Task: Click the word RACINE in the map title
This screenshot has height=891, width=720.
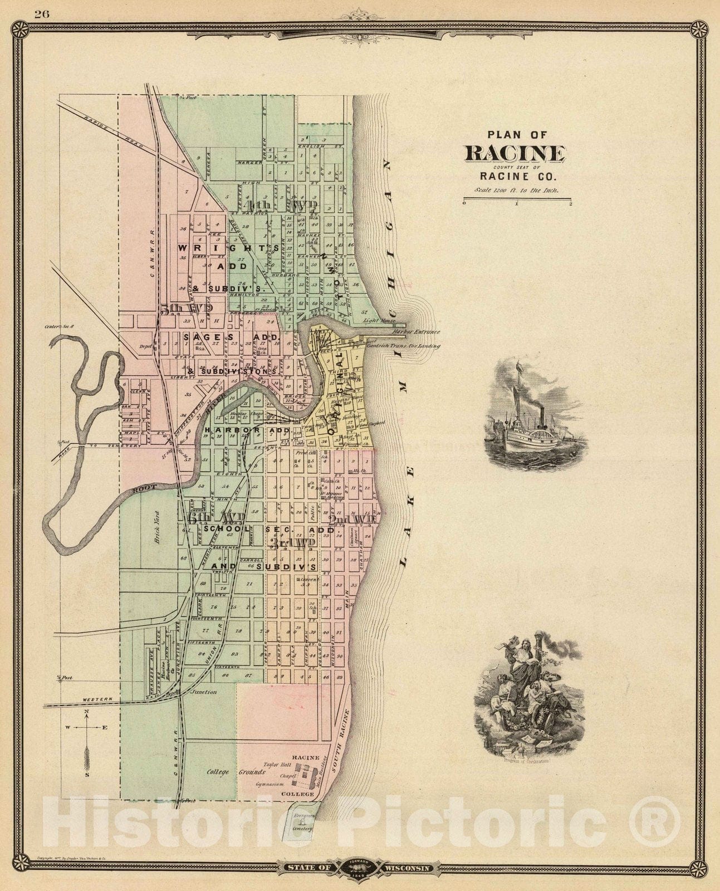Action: tap(515, 153)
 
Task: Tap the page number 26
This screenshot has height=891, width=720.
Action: tap(42, 14)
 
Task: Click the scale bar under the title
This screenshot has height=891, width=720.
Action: tap(516, 201)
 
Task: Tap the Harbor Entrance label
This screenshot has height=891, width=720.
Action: tap(415, 332)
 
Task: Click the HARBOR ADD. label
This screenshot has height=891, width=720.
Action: tap(249, 430)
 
